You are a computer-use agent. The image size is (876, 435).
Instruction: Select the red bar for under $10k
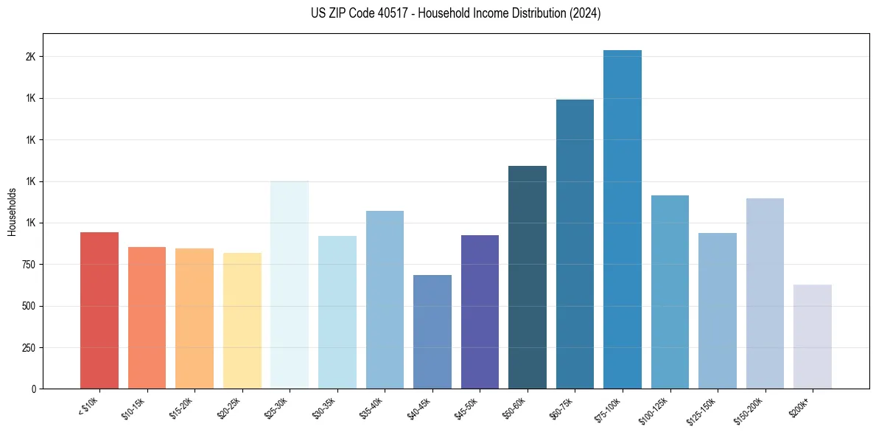pyautogui.click(x=99, y=310)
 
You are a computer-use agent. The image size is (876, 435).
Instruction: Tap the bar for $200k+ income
pyautogui.click(x=813, y=336)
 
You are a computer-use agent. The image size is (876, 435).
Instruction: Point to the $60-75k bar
pyautogui.click(x=575, y=244)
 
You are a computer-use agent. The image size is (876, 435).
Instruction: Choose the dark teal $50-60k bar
pyautogui.click(x=528, y=277)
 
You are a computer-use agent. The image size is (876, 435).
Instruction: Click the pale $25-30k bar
pyautogui.click(x=290, y=285)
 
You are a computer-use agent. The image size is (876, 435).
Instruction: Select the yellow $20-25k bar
pyautogui.click(x=242, y=321)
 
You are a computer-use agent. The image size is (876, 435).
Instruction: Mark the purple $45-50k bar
pyautogui.click(x=480, y=312)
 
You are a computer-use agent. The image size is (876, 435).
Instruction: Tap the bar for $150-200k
pyautogui.click(x=765, y=293)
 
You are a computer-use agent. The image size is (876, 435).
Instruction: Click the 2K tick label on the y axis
pyautogui.click(x=30, y=57)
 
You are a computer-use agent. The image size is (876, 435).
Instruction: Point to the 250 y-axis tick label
pyautogui.click(x=27, y=347)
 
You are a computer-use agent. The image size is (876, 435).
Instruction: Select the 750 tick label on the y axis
pyautogui.click(x=27, y=265)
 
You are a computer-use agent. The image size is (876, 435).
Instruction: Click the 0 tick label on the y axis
pyautogui.click(x=33, y=389)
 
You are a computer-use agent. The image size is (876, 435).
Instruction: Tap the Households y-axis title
pyautogui.click(x=12, y=212)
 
